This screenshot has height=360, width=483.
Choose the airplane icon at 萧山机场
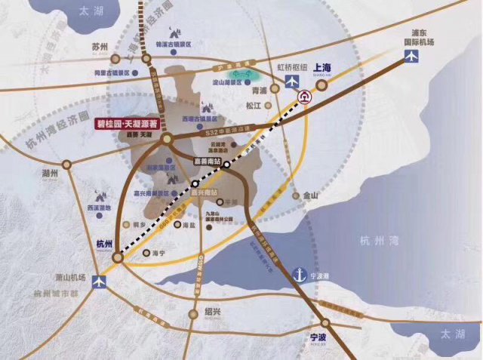97,282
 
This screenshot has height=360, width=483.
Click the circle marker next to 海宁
146,253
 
